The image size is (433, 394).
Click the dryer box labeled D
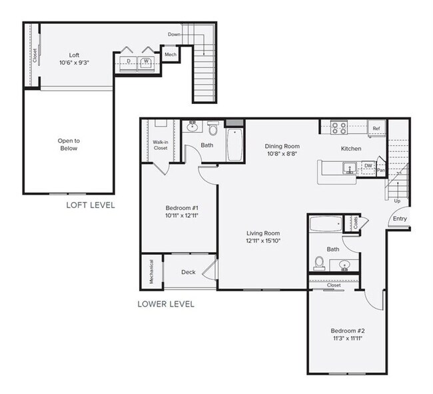point(128,62)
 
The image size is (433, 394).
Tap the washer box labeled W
point(146,62)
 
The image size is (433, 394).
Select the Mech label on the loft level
point(171,54)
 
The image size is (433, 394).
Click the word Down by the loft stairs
point(174,34)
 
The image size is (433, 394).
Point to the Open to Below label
point(68,144)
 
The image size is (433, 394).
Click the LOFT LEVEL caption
point(90,205)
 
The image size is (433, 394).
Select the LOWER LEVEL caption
point(166,304)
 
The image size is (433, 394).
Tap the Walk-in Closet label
point(160,145)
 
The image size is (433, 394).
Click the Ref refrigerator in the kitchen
point(376,128)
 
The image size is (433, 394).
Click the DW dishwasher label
point(368,166)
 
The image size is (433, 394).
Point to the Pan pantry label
point(381,170)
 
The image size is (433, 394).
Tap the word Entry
point(400,219)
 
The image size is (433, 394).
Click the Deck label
point(188,272)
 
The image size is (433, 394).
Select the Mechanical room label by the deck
point(151,272)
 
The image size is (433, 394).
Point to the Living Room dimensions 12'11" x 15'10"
point(261,240)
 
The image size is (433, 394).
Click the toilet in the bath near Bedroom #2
point(318,264)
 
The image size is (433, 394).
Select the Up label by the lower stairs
point(398,200)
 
